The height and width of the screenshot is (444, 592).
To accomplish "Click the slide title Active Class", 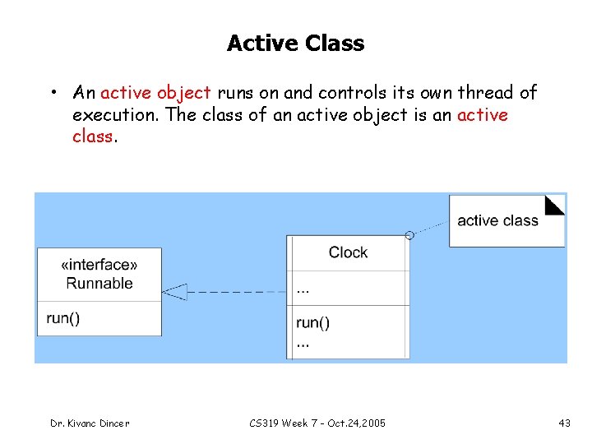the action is click(295, 43).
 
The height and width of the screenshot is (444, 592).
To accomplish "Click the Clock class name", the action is click(348, 252).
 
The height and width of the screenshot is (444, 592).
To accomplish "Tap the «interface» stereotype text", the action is click(99, 265).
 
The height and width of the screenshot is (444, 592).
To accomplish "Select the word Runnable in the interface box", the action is click(99, 284).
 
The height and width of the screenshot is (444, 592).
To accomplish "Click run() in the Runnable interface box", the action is click(63, 318).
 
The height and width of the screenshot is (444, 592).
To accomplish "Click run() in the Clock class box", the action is click(312, 322).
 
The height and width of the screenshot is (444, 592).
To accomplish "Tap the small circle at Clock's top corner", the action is click(409, 236).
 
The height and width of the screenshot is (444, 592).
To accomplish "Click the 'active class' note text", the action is click(497, 220).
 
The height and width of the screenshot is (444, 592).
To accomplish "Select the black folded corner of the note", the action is click(557, 204).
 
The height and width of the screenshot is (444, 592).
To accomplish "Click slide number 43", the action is click(564, 423).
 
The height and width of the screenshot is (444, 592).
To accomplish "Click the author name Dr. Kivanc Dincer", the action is click(90, 423).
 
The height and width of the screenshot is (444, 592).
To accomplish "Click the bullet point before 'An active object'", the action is click(52, 93).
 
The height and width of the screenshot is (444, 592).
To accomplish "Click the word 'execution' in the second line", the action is click(114, 115).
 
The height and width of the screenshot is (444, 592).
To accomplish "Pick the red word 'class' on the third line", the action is click(92, 136).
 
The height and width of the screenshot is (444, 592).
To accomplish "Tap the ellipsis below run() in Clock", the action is click(303, 344).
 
